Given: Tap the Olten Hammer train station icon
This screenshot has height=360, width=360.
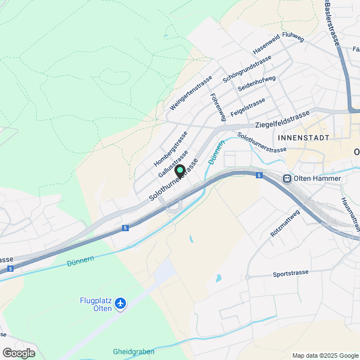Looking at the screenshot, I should (287, 178).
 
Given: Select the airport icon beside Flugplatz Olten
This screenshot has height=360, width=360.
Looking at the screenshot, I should (120, 304).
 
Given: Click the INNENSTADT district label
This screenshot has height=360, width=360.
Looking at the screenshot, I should (302, 137).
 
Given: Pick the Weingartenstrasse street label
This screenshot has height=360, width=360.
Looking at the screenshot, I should (191, 92).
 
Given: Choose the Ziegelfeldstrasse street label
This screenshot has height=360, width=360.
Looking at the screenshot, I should (282, 120).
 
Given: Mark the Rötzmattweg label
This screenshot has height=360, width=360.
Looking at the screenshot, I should (285, 222).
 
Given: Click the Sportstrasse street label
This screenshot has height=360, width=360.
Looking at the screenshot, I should (290, 273).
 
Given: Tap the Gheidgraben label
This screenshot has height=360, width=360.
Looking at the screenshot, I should (133, 352).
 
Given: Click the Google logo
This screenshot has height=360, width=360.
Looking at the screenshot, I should (18, 353).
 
